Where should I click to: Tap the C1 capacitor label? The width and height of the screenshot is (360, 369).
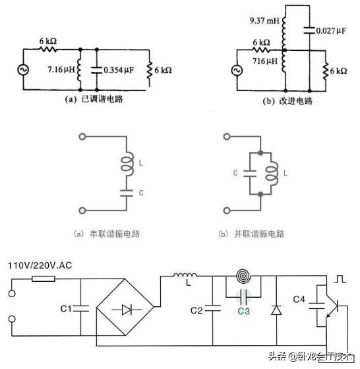click(64, 308)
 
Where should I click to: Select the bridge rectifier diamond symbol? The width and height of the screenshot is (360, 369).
click(125, 307)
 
